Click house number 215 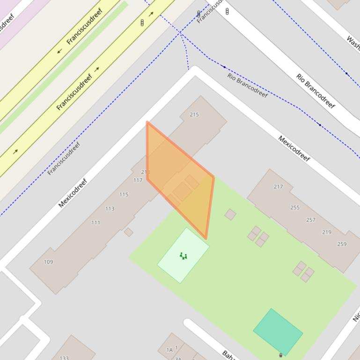(194, 115)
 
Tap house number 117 (138, 180)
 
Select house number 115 (124, 194)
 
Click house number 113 (110, 209)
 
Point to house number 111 (96, 223)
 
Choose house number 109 (48, 262)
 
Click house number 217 (278, 187)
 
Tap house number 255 (294, 208)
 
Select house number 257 (310, 220)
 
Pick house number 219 (327, 232)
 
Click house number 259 (342, 244)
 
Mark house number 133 (64, 358)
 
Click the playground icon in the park (183, 256)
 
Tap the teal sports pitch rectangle (278, 331)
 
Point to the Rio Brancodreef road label (316, 91)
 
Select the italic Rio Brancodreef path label (247, 85)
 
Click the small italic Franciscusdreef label (64, 158)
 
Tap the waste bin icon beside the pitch (280, 355)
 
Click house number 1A (169, 350)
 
